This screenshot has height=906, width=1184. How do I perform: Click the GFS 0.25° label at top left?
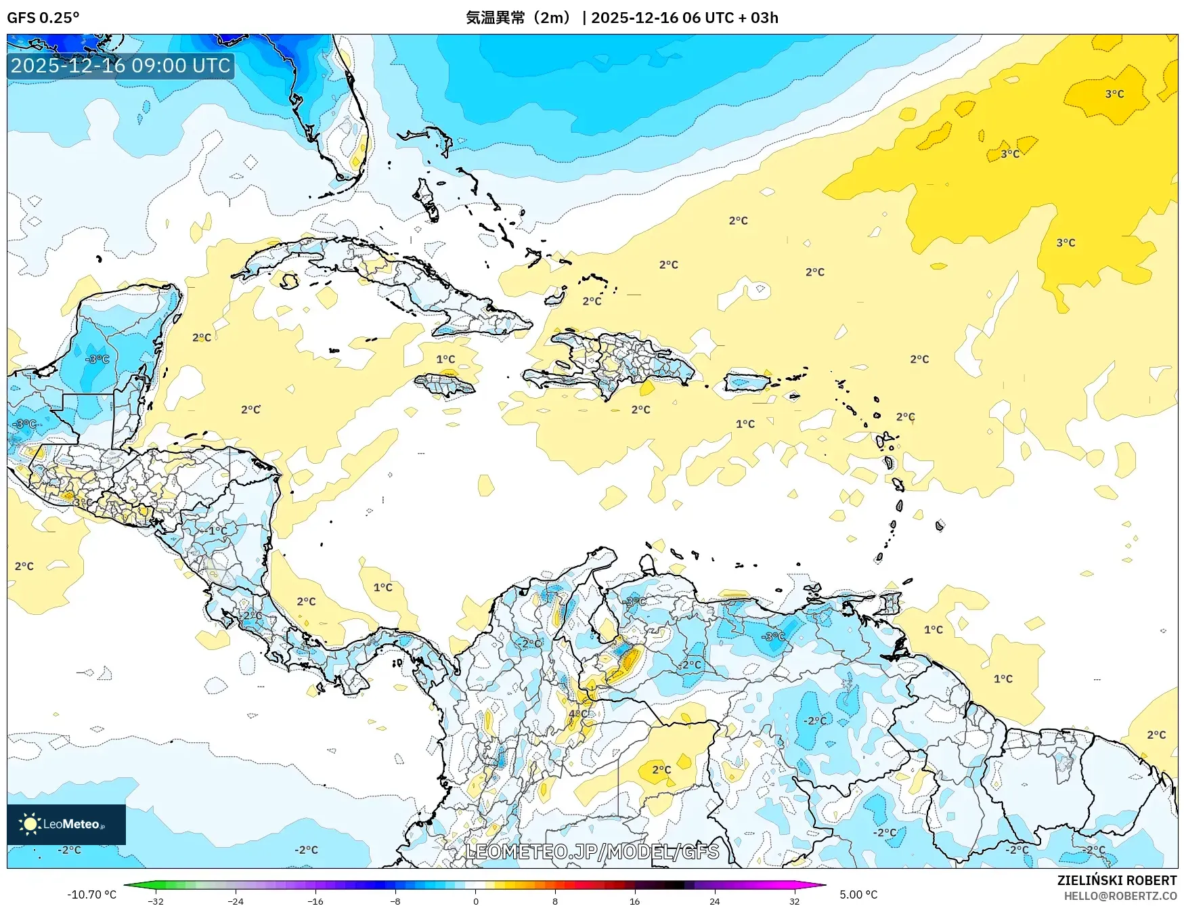click(x=43, y=18)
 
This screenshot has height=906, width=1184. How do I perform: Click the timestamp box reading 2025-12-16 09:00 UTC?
click(x=120, y=66)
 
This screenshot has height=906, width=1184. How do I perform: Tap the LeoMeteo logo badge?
click(x=66, y=824)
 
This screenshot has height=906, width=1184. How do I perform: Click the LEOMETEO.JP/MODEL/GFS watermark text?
click(x=592, y=851)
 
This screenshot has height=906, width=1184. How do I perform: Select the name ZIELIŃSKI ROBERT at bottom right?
click(x=1116, y=880)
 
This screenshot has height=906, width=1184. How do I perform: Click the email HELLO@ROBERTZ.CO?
click(x=1120, y=896)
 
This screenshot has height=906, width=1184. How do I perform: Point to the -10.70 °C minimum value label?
click(x=91, y=894)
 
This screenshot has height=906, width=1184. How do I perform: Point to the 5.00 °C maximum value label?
click(x=858, y=894)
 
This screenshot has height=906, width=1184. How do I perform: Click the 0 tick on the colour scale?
click(x=475, y=901)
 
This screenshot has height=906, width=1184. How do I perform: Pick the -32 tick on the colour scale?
click(x=156, y=901)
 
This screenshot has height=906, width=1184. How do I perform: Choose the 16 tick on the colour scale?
click(x=634, y=901)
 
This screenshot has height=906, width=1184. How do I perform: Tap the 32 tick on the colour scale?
click(x=794, y=901)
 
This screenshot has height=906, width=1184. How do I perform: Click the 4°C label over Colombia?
click(x=578, y=714)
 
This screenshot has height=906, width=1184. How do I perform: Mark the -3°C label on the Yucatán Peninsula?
click(x=97, y=359)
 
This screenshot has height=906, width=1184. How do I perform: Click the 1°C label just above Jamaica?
click(x=445, y=359)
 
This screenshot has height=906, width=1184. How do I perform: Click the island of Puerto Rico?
click(x=747, y=382)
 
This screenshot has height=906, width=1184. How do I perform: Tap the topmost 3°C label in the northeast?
click(x=1114, y=94)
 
